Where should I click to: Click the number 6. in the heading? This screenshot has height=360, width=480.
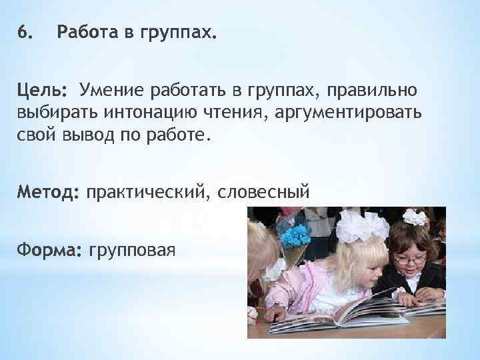[25, 32]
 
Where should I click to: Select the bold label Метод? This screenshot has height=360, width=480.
[49, 193]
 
